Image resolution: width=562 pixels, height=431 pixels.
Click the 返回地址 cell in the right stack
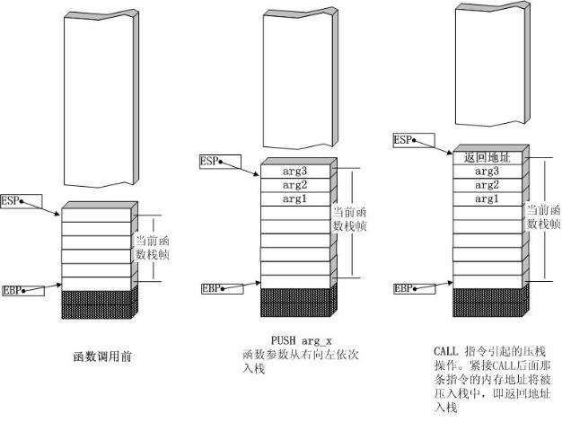point(487,158)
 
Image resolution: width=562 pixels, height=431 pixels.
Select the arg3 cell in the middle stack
point(295,171)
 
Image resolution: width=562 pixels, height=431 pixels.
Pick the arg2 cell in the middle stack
point(295,185)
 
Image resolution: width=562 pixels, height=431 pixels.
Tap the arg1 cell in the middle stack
point(295,199)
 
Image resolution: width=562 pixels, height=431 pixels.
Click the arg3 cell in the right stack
point(487,172)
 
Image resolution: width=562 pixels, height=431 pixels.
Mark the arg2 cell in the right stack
point(487,185)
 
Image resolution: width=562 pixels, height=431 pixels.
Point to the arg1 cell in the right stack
point(487,199)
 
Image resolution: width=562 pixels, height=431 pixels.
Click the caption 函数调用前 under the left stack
point(102,356)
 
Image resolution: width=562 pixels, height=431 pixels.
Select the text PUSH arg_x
point(302,340)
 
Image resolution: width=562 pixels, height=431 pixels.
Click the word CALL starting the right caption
point(446,351)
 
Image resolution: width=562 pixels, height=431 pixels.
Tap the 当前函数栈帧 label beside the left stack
point(153,248)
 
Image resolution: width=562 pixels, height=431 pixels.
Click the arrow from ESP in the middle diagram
point(240,169)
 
